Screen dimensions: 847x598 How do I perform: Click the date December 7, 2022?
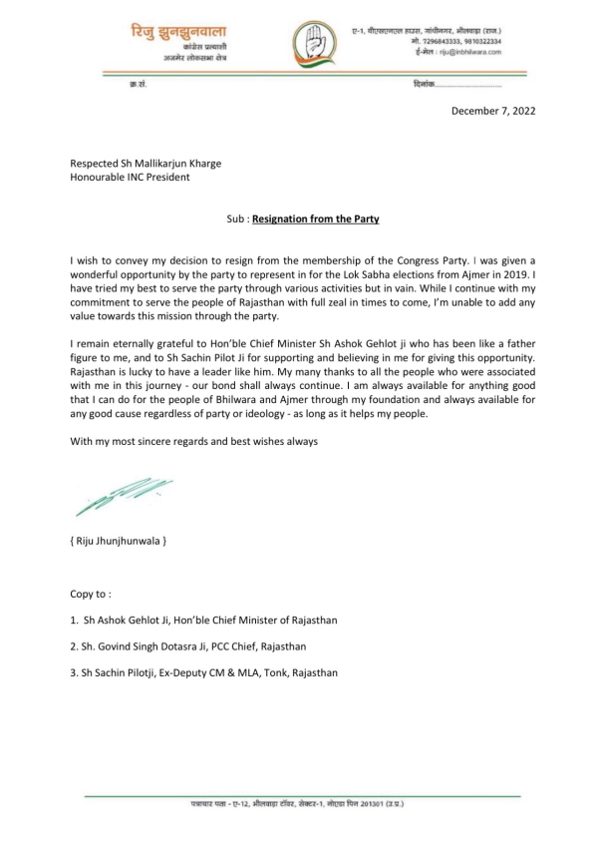492,111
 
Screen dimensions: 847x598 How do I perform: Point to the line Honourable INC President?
130,179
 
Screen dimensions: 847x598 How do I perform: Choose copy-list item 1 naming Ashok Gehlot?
203,620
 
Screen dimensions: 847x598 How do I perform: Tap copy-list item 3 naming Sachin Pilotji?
203,672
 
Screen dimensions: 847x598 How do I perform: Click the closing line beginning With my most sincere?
193,441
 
